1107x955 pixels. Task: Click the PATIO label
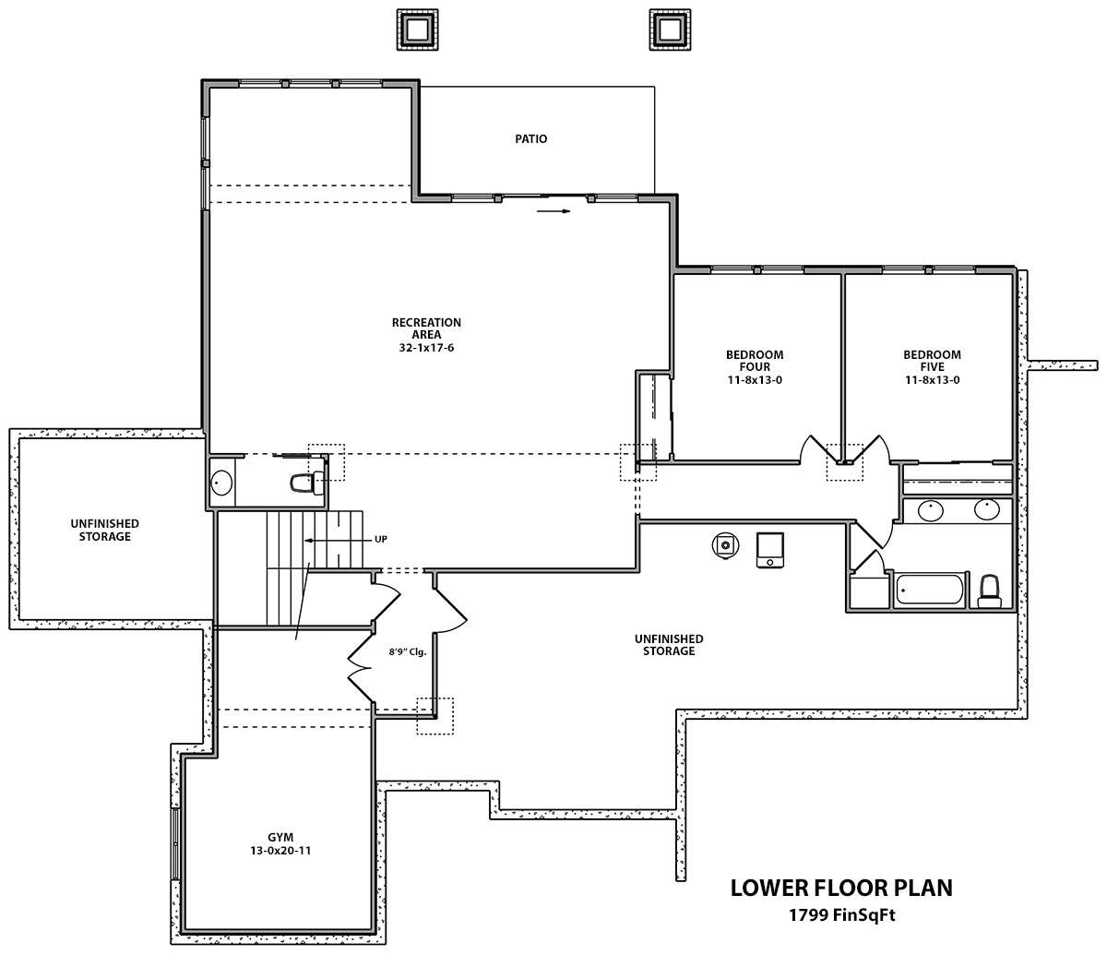tap(530, 139)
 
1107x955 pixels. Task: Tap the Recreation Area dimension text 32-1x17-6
tap(426, 348)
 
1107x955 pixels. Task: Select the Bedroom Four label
tap(755, 361)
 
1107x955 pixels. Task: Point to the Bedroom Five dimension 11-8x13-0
tap(933, 380)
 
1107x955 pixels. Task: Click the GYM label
tap(280, 837)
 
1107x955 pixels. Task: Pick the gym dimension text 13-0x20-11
tap(280, 851)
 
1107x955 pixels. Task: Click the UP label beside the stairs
tap(381, 540)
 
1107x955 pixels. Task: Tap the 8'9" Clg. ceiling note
tap(408, 652)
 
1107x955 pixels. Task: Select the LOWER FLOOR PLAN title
tap(841, 888)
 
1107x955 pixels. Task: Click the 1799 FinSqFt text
tap(842, 915)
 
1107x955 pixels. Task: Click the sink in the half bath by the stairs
tap(221, 483)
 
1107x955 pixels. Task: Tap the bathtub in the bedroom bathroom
tap(929, 591)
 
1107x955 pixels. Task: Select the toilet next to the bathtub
tap(989, 591)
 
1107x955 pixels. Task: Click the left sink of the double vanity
tap(931, 510)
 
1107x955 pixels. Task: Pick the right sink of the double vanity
tap(986, 509)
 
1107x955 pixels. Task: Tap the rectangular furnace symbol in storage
tap(770, 550)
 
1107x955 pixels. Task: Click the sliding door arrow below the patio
tap(553, 211)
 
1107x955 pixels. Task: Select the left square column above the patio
tap(417, 30)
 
